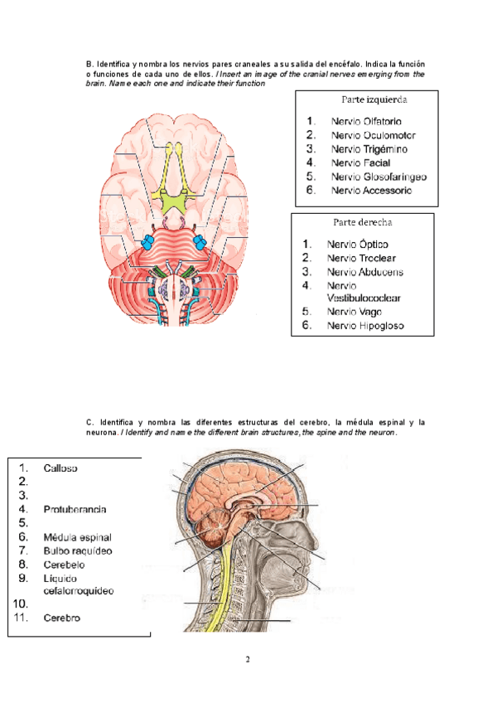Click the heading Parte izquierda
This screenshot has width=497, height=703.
pos(374,99)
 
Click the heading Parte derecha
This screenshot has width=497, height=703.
pos(363,222)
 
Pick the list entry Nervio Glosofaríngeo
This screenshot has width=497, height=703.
pos(378,177)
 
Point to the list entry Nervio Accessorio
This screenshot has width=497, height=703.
pos(370,191)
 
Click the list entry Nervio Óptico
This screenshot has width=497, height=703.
pos(357,245)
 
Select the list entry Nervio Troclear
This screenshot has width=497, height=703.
pos(360,258)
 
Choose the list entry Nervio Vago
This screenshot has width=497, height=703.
pos(354,312)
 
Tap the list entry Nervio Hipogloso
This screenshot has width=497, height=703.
pos(365,326)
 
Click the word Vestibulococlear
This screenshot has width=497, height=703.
pos(366,298)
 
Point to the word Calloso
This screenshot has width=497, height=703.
pos(60,468)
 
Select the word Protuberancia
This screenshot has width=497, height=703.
pos(75,509)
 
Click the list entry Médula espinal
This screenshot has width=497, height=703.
pos(77,537)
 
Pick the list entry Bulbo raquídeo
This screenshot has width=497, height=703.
pos(77,550)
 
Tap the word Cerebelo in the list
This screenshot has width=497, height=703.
pos(65,564)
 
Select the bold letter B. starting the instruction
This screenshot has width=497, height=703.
pos(89,64)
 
